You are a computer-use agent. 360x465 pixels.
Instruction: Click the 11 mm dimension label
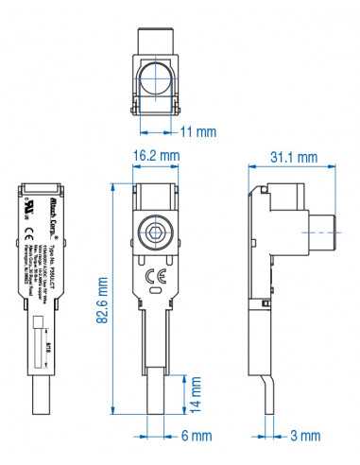pyautogui.click(x=199, y=130)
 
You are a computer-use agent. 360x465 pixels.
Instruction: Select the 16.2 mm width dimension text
pyautogui.click(x=156, y=154)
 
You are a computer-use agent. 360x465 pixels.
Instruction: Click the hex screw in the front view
pyautogui.click(x=156, y=235)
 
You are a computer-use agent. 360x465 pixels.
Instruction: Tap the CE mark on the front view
pyautogui.click(x=156, y=276)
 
